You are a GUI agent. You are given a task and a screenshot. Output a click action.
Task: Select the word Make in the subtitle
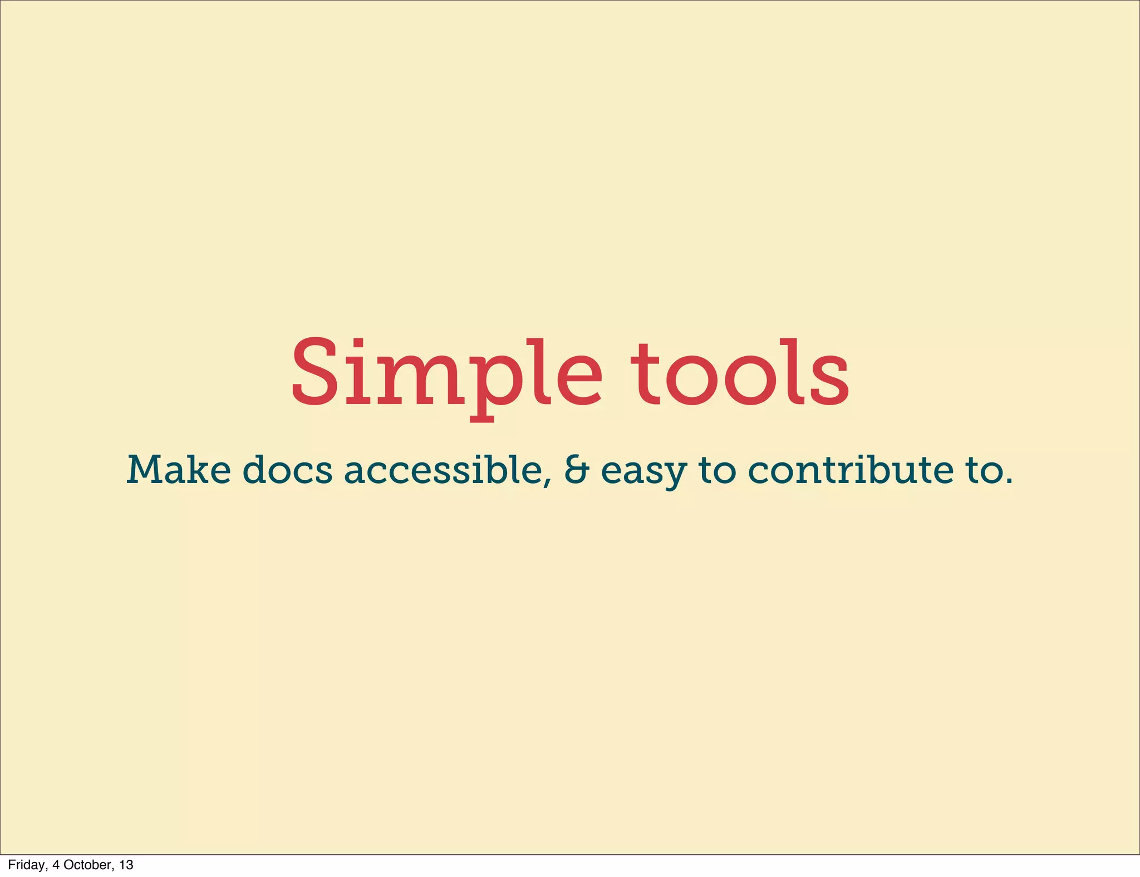tap(178, 470)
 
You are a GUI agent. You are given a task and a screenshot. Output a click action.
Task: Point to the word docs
tap(287, 470)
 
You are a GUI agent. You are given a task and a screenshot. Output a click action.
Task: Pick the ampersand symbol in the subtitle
tap(576, 470)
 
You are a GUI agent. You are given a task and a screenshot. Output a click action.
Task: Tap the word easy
tap(644, 472)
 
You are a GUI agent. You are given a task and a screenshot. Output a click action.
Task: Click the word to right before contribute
tap(718, 470)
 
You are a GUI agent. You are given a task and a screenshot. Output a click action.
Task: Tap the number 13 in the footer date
tap(126, 865)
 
